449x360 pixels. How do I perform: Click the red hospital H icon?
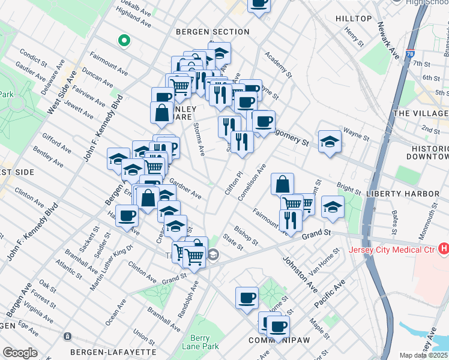click(x=444, y=247)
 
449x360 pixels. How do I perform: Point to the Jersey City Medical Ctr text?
click(x=393, y=248)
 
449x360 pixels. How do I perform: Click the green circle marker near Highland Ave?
click(x=124, y=41)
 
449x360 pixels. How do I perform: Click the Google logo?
click(x=20, y=353)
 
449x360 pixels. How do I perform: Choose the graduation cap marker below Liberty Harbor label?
click(x=333, y=206)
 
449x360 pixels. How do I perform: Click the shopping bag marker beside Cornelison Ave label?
click(x=282, y=183)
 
